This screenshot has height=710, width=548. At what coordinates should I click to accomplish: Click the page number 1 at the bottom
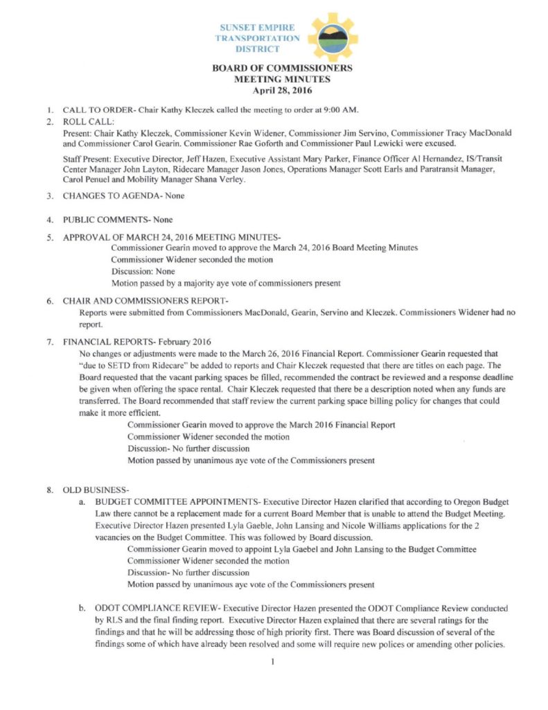tap(274, 662)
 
